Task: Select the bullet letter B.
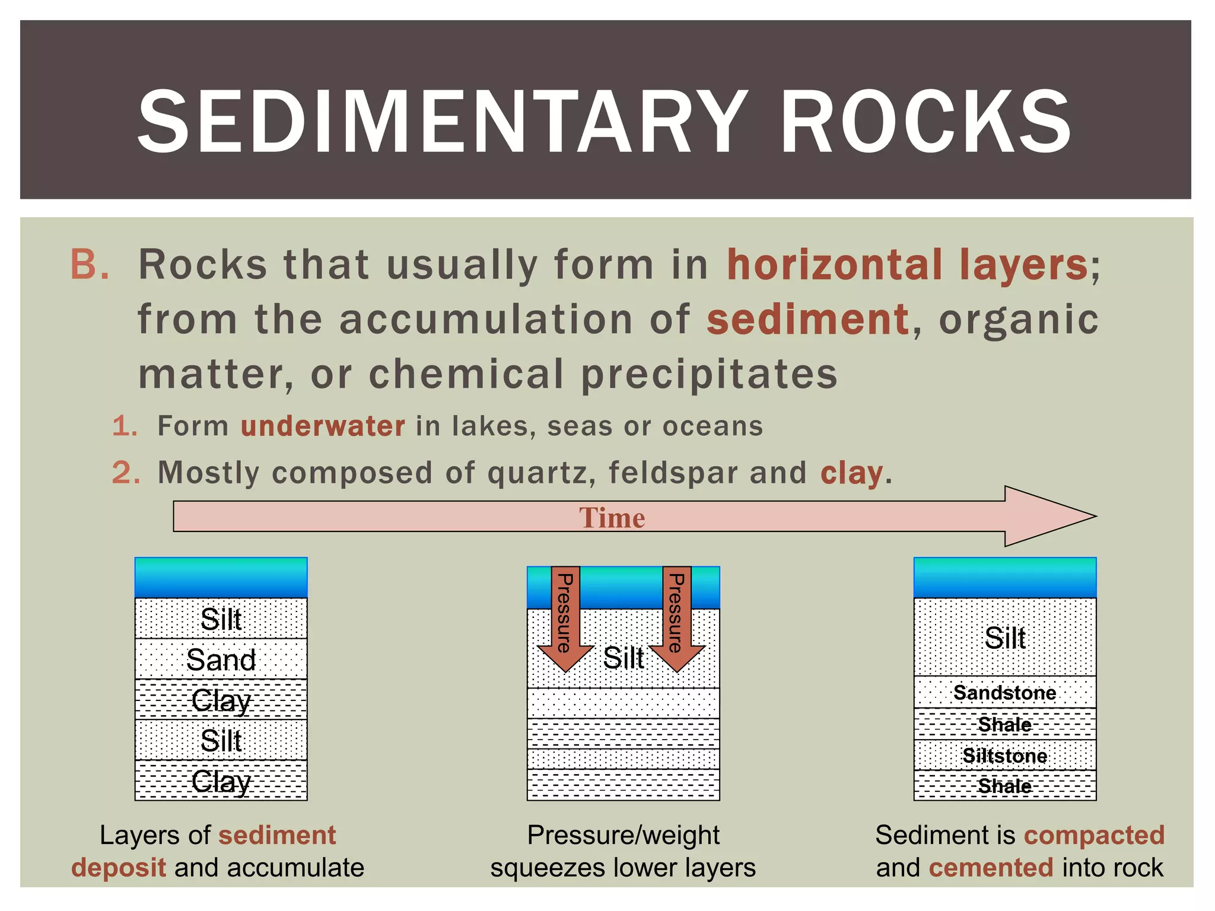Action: [x=90, y=264]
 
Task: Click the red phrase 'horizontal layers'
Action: [x=908, y=265]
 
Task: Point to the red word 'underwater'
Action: [x=323, y=426]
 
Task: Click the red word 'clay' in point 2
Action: [x=851, y=473]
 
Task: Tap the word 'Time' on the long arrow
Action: [x=612, y=518]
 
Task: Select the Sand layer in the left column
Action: [x=221, y=660]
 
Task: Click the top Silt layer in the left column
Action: [x=221, y=619]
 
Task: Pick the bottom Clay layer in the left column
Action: [x=221, y=781]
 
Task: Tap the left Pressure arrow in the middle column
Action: [x=565, y=617]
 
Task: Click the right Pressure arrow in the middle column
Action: [x=676, y=617]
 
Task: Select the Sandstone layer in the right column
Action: [x=1004, y=693]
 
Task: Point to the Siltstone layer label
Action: [x=1004, y=756]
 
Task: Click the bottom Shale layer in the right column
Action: [x=1004, y=786]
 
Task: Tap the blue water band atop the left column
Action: [x=221, y=577]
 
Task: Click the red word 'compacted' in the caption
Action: [x=1094, y=835]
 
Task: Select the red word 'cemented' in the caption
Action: [x=991, y=868]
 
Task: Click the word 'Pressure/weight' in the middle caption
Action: [x=623, y=835]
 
